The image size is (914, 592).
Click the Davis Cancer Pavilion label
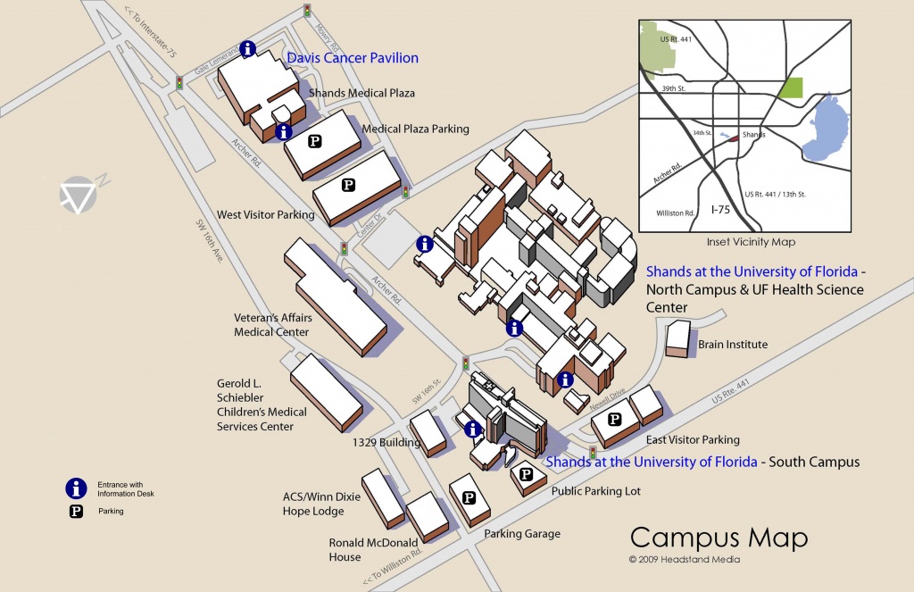353,58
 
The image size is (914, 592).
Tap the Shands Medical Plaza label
361,93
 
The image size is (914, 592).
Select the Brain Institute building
678,339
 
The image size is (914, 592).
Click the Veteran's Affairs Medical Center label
273,325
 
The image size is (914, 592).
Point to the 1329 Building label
386,442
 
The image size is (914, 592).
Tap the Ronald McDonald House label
373,549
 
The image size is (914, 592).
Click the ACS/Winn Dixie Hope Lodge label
321,504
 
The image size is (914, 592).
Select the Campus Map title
719,538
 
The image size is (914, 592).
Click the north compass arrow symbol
79,195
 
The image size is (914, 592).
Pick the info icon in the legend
77,488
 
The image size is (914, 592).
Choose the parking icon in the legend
77,512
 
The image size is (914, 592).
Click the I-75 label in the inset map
720,209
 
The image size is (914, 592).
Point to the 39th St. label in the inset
673,88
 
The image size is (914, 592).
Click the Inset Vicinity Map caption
751,241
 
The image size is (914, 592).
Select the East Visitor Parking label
693,440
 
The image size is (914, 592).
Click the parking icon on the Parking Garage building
469,497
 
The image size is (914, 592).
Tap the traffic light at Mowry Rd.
307,11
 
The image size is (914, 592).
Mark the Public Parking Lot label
595,491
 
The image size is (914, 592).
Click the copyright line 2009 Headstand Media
685,559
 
